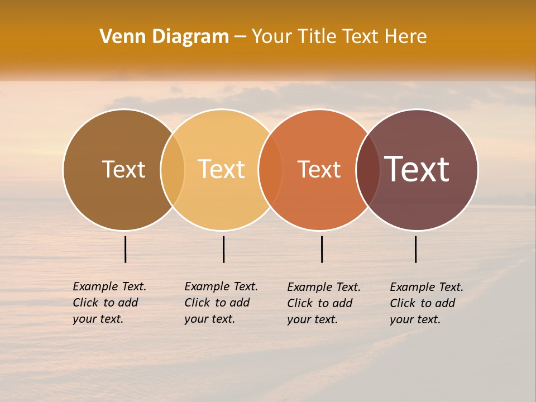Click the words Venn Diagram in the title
coord(164,37)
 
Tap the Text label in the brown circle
coord(123,169)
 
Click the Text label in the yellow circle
coord(222,169)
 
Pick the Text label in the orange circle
coord(319,169)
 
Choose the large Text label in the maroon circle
coord(417,169)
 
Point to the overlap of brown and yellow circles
coord(173,169)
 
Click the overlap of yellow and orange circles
coord(270,169)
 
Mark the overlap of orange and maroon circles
coord(368,169)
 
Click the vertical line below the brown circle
coord(125,249)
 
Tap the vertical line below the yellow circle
coord(223,249)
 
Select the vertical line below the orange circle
coord(322,249)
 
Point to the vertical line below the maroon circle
coord(415,249)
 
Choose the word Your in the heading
coord(272,37)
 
